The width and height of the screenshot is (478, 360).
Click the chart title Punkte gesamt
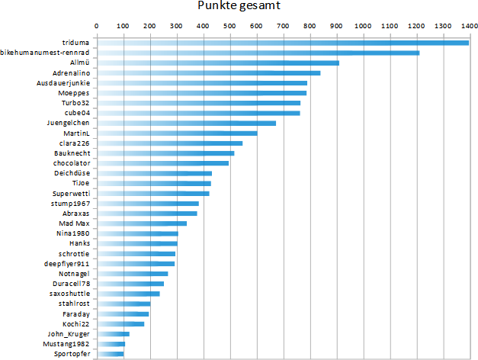[239, 7]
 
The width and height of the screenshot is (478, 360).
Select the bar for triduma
[282, 43]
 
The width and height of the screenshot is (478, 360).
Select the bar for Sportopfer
[110, 354]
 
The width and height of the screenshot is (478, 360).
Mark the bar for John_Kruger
[113, 334]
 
